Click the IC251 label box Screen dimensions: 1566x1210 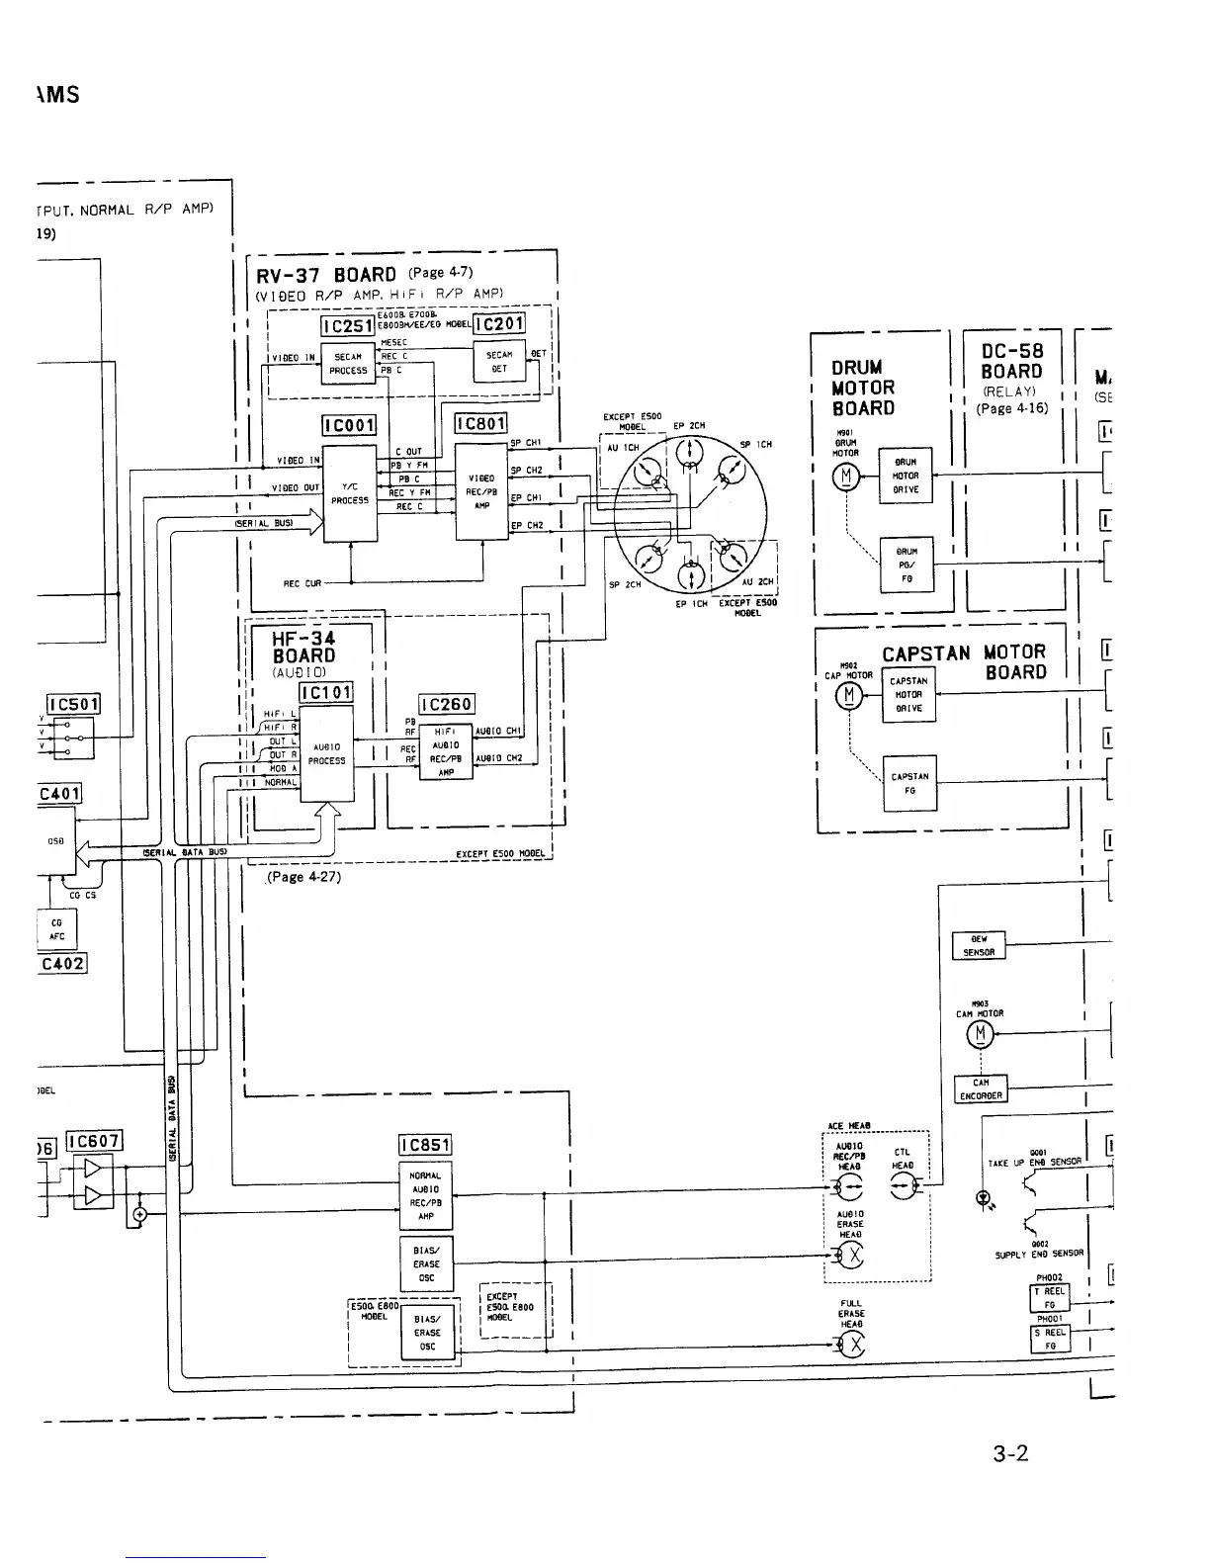(x=347, y=326)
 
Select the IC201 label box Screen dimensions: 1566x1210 (x=499, y=324)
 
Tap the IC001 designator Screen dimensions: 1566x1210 (x=349, y=426)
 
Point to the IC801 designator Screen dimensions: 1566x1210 (x=479, y=425)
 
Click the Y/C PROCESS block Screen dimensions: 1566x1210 (x=350, y=493)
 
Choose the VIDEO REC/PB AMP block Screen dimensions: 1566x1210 (x=481, y=491)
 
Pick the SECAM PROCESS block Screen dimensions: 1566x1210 (x=349, y=364)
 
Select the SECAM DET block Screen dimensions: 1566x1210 (x=499, y=362)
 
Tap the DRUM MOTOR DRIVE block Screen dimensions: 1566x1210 (x=906, y=476)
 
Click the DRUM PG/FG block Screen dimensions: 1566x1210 (x=906, y=565)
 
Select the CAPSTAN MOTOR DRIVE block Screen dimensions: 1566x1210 (x=907, y=694)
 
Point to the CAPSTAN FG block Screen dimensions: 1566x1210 (x=908, y=783)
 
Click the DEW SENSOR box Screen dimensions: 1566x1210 (x=978, y=946)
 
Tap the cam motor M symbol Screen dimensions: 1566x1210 (x=981, y=1034)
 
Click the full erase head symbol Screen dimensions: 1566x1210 (x=851, y=1345)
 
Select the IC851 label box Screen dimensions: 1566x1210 (x=425, y=1145)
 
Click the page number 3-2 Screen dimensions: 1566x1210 (x=1010, y=1453)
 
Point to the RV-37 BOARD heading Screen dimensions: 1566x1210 (x=325, y=275)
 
